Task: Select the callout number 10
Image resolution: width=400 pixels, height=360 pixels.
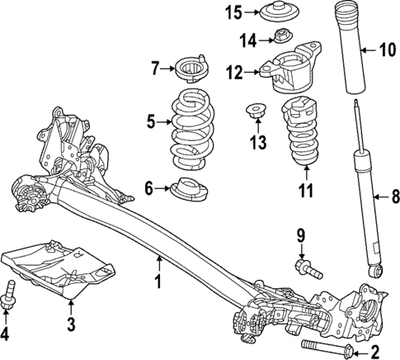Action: coord(384,50)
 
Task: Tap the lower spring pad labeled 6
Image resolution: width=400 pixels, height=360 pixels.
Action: coord(191,191)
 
